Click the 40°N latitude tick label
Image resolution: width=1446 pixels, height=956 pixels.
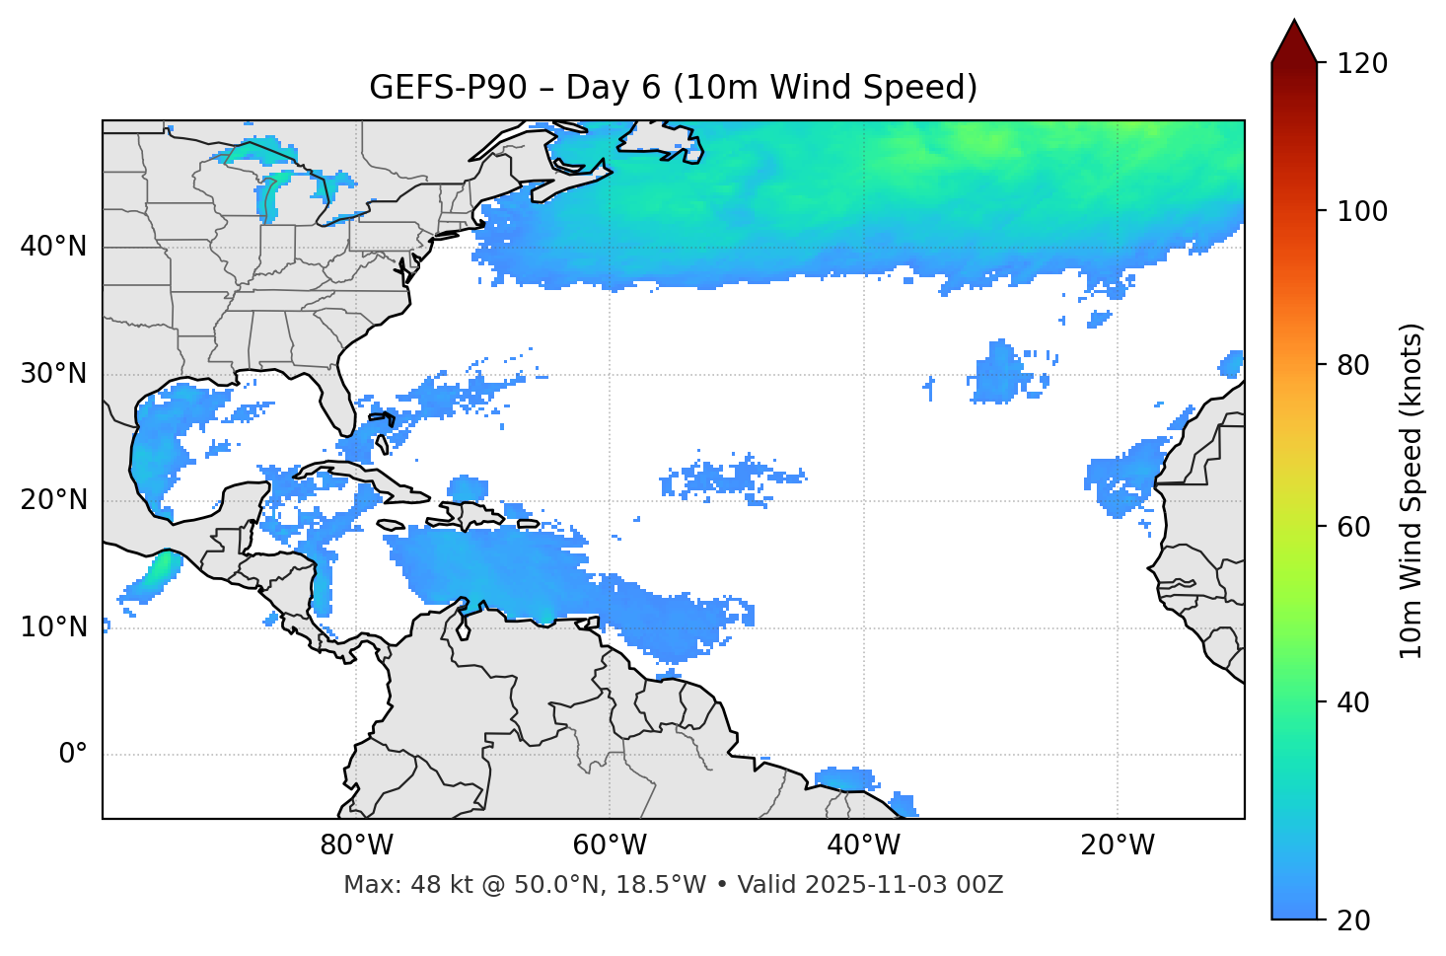(53, 247)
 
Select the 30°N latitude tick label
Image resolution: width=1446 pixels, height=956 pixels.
(53, 374)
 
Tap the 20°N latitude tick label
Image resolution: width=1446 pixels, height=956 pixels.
(53, 500)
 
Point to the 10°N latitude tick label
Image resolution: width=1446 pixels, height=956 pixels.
(53, 627)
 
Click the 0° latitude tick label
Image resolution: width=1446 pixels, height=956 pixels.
(73, 755)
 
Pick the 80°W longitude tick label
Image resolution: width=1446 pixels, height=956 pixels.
(356, 846)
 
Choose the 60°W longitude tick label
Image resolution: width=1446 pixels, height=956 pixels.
(610, 846)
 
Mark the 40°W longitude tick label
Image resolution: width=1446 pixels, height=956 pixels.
(863, 846)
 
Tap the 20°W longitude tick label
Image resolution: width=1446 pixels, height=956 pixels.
(1117, 846)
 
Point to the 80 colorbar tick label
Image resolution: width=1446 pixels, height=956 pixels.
(1355, 365)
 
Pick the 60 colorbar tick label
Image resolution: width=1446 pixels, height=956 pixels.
(1355, 527)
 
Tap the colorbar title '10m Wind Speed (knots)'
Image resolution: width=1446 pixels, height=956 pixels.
(1411, 490)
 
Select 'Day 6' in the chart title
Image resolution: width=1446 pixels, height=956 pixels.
(613, 88)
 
